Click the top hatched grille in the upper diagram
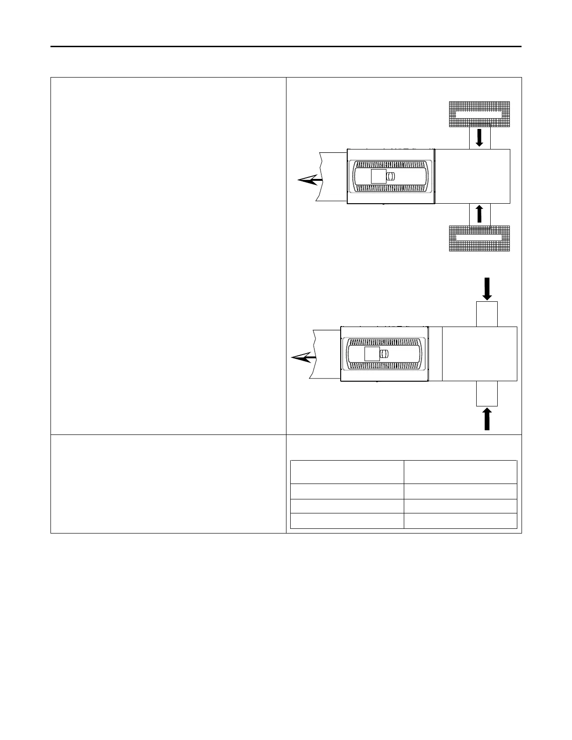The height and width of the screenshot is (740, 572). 479,114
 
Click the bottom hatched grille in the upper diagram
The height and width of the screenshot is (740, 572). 479,238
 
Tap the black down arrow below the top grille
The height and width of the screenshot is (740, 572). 479,138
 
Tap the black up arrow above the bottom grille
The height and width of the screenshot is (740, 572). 479,214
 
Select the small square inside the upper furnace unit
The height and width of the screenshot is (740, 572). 379,177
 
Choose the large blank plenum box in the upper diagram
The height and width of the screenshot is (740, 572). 472,176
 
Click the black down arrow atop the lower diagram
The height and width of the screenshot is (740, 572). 487,288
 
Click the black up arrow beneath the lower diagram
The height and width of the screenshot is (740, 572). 487,419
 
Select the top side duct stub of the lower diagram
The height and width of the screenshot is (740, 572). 486,314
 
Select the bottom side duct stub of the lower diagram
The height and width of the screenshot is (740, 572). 486,393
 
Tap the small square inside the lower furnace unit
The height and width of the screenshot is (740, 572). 372,354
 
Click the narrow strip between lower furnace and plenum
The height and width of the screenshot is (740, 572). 435,354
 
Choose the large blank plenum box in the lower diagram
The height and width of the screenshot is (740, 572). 479,354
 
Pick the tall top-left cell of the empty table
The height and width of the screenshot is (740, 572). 347,472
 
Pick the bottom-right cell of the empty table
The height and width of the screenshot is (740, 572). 460,521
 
